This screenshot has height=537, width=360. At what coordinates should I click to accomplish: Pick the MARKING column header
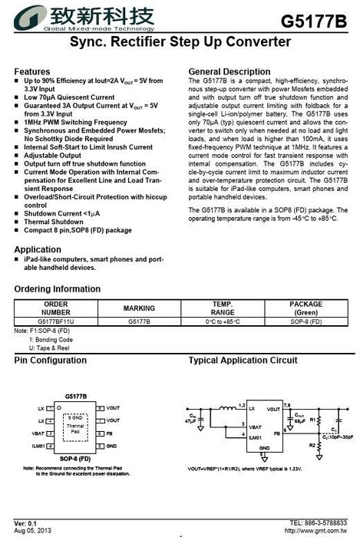[x=139, y=308]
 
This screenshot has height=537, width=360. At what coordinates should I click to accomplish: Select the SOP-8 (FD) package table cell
[x=306, y=321]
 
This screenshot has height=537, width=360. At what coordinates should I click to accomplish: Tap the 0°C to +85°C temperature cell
[x=222, y=321]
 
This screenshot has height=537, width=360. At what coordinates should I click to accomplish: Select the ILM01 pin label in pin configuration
[x=38, y=445]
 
